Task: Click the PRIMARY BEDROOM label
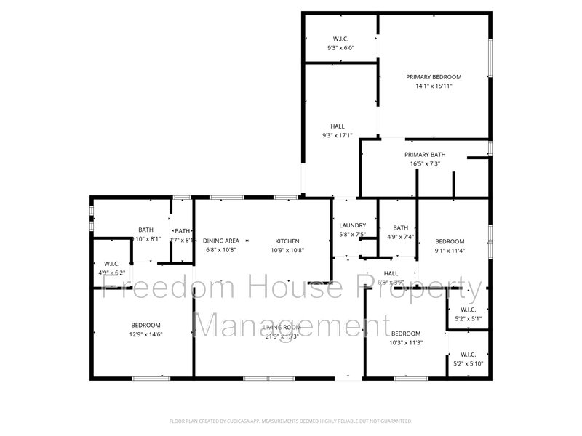[434, 76]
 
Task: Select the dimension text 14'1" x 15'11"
[434, 86]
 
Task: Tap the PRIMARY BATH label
[425, 154]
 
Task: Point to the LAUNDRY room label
[352, 225]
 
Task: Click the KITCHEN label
[287, 241]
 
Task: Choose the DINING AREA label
[221, 241]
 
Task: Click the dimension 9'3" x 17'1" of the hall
[338, 135]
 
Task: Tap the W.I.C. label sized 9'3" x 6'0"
[340, 39]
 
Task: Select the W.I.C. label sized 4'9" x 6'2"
[111, 264]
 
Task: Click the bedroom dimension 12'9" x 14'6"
[146, 334]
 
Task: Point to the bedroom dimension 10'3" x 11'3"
[406, 343]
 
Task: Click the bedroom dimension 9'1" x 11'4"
[450, 251]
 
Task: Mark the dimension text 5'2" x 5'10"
[468, 363]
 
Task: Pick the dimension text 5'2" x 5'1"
[468, 318]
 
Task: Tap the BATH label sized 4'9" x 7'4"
[400, 227]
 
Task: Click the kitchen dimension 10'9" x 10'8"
[287, 250]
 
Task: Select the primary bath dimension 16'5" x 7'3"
[425, 163]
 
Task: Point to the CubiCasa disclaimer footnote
[291, 421]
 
